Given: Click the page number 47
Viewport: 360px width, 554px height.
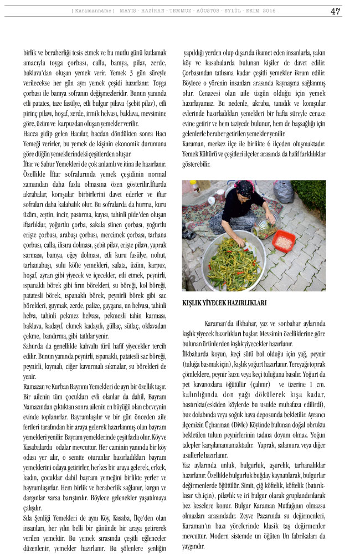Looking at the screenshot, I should (x=335, y=11).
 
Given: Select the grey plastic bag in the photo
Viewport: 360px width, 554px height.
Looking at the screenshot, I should (x=283, y=192).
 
